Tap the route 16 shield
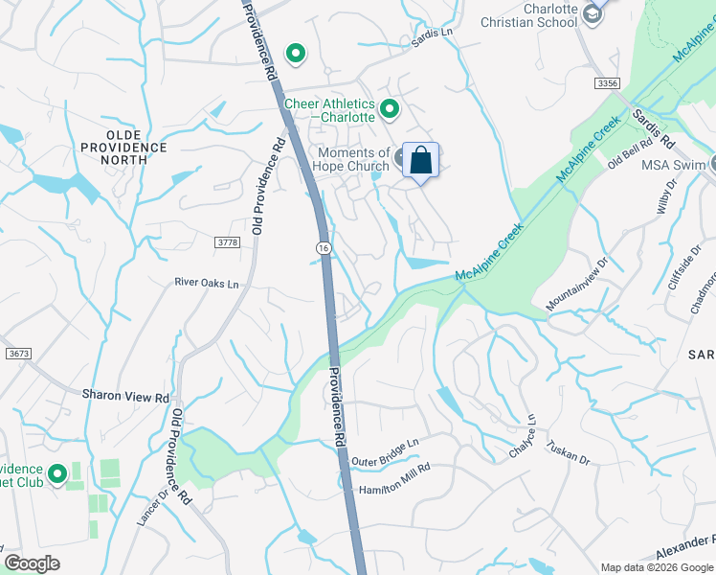(324, 248)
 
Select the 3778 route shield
(227, 243)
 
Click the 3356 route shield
(606, 84)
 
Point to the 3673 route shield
(18, 354)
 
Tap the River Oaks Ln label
(206, 282)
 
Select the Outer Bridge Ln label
(385, 453)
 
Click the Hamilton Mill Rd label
(394, 479)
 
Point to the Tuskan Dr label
(568, 452)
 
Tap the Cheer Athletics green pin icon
(390, 109)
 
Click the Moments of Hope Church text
(352, 159)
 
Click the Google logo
(32, 563)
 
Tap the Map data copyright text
(656, 566)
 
